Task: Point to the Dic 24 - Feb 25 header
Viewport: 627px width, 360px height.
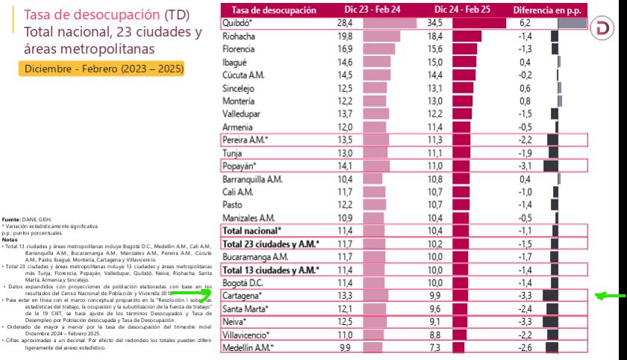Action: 455,10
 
